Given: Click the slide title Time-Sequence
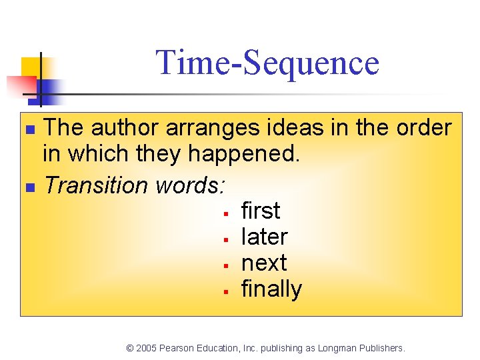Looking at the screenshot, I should pyautogui.click(x=267, y=63).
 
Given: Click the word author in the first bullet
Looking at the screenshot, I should pyautogui.click(x=126, y=127).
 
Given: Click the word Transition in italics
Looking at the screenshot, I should pyautogui.click(x=96, y=185).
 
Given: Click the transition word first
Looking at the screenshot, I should pyautogui.click(x=260, y=211).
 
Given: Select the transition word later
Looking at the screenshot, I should pyautogui.click(x=264, y=237).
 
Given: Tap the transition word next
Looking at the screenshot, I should pyautogui.click(x=264, y=263).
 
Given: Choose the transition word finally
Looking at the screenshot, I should pyautogui.click(x=271, y=289).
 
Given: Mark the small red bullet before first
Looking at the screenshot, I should pyautogui.click(x=227, y=213).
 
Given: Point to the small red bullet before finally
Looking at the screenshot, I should pyautogui.click(x=227, y=291).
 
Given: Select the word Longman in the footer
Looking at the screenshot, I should pyautogui.click(x=339, y=348).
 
